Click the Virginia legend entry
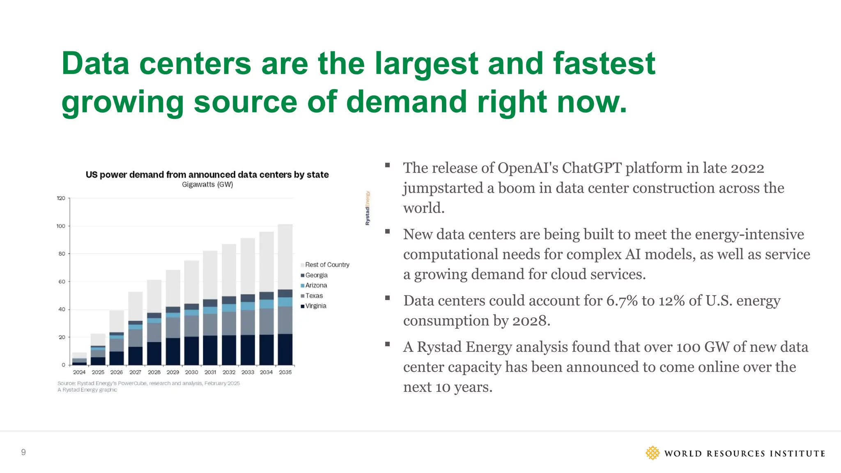[315, 306]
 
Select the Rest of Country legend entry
[327, 265]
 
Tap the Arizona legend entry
[316, 285]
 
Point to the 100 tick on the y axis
[61, 226]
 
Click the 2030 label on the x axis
[191, 372]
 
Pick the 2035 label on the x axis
[285, 372]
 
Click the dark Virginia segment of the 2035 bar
[285, 349]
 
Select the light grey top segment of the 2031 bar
[210, 274]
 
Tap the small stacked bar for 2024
[79, 359]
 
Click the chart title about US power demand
[207, 175]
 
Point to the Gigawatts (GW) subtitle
[207, 185]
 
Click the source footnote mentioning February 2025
[149, 383]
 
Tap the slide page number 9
[23, 452]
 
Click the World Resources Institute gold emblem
[652, 453]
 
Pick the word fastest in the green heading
[604, 64]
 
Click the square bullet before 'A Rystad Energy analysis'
[387, 344]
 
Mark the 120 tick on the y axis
[61, 198]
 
